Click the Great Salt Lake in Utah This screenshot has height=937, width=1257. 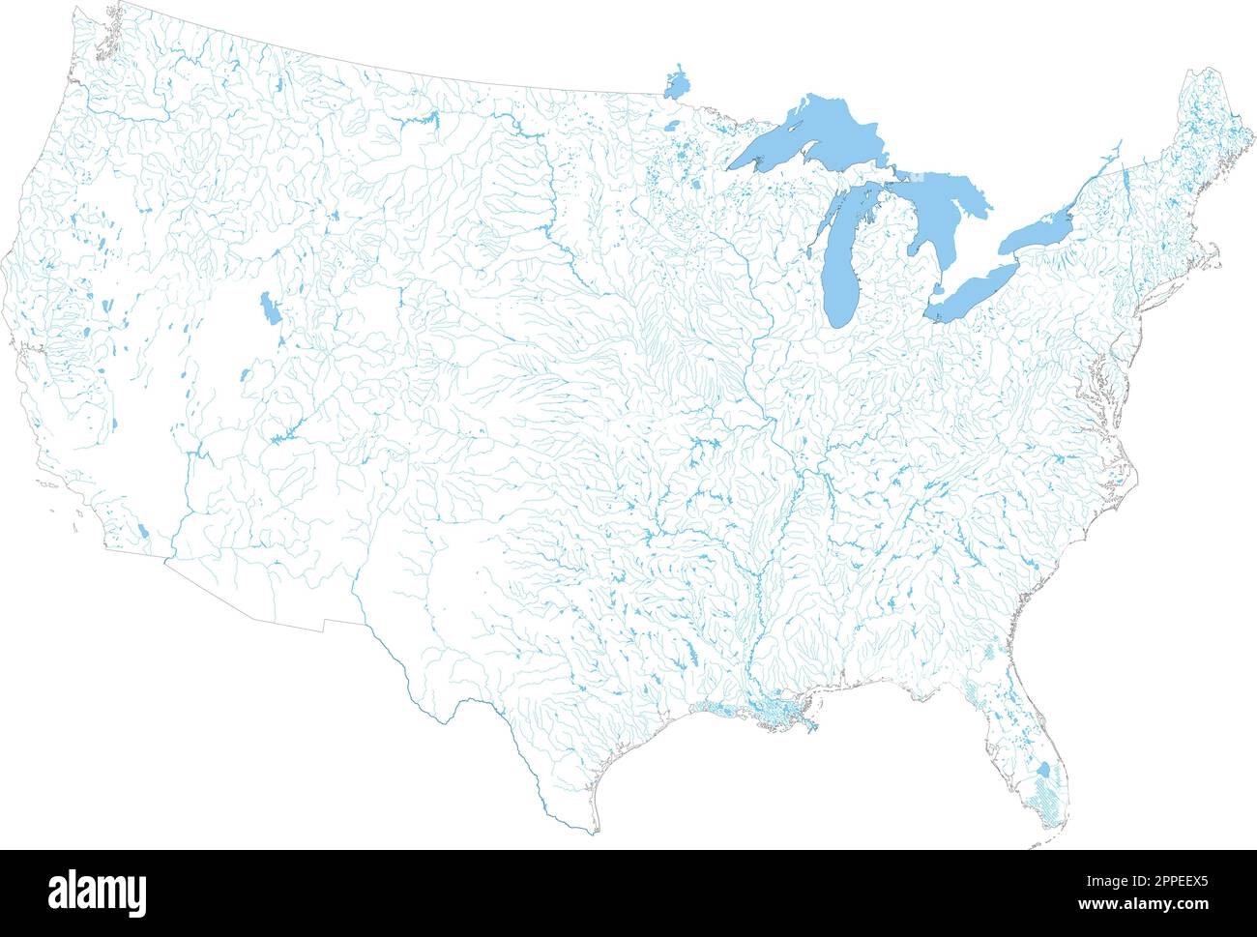tap(268, 309)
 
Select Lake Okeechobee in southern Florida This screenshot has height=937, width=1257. tap(1042, 771)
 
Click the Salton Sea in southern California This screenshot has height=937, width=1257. tap(144, 531)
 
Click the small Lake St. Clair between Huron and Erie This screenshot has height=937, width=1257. tap(936, 289)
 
